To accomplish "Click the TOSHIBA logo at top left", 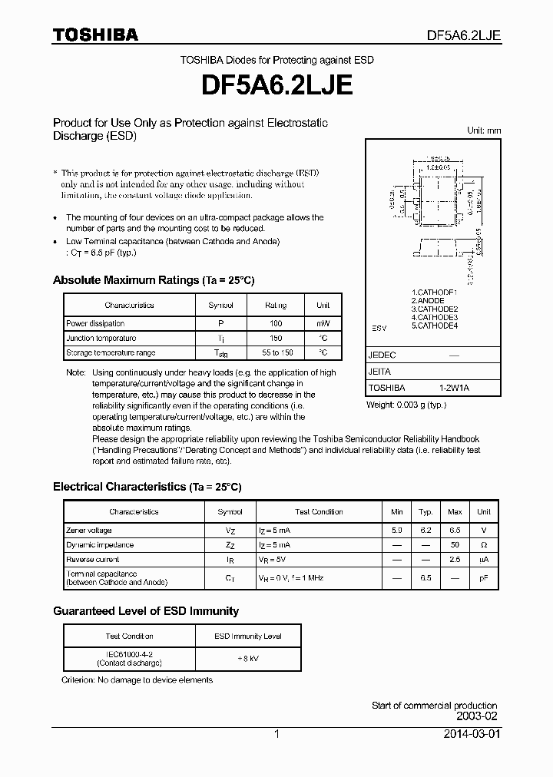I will coord(95,35).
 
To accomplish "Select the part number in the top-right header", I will coord(464,35).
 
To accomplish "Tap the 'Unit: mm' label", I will coord(484,131).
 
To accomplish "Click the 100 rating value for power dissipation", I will coord(276,324).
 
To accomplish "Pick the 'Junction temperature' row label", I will coord(101,339).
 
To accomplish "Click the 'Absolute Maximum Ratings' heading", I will coord(126,280).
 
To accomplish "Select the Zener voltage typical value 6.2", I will coord(426,531).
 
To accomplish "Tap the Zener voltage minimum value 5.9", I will coord(396,531).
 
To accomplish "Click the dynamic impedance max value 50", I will coord(455,545).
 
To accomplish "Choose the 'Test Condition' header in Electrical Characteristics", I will coord(319,511).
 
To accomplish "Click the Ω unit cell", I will coord(484,545).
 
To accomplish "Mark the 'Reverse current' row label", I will coord(93,560).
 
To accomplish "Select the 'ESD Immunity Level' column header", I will coord(247,636).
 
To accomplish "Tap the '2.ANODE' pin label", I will coord(429,301).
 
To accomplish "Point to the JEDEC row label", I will coord(382,356).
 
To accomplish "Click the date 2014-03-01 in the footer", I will coord(472,734).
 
